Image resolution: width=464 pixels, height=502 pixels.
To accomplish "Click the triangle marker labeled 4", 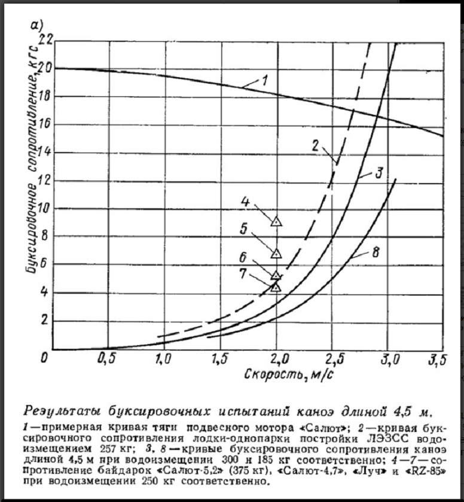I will click(276, 221).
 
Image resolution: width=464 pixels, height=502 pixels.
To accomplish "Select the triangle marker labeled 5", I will click(276, 253).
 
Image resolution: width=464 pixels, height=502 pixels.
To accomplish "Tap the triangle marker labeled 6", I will click(276, 275).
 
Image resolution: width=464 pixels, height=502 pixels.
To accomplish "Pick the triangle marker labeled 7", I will click(276, 287).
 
